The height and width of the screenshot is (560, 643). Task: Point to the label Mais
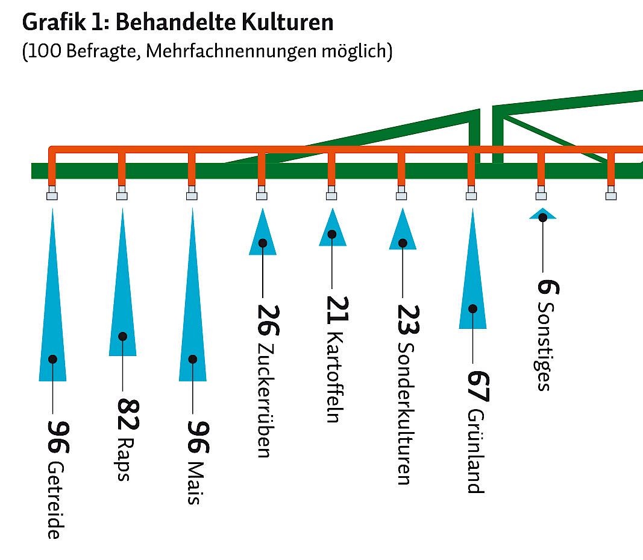193,483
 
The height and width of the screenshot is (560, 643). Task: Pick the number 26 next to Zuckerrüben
266,320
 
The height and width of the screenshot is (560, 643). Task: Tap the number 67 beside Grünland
478,387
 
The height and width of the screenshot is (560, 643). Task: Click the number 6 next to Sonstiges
547,285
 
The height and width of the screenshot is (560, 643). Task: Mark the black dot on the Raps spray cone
123,336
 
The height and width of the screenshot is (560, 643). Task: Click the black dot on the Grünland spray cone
472,308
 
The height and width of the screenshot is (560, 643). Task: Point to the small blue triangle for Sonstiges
542,214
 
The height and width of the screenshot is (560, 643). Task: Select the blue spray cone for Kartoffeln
332,229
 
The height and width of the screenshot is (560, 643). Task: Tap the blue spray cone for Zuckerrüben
262,235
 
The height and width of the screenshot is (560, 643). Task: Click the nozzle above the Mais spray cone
192,194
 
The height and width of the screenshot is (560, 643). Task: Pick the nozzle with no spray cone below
611,194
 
